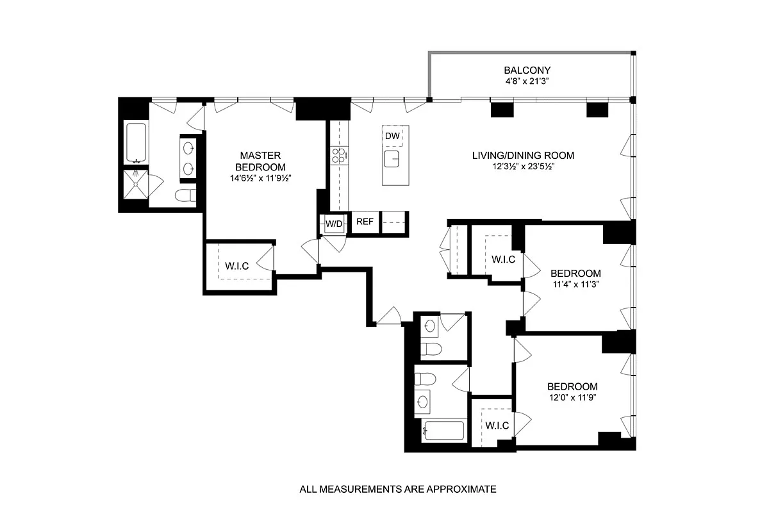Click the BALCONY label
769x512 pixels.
tap(527, 70)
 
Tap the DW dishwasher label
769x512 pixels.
tap(392, 136)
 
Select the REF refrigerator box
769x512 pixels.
tap(365, 222)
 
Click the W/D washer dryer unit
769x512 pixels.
tap(334, 224)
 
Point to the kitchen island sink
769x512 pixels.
tap(392, 159)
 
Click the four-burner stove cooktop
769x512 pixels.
tap(339, 156)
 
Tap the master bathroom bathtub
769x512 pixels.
tap(136, 142)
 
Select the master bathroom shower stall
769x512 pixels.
tap(136, 185)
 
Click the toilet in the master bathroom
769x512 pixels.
tap(186, 195)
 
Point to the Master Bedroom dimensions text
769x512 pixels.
tap(261, 179)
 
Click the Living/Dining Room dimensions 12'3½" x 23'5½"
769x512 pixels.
tap(524, 167)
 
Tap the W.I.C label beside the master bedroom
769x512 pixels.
tap(237, 266)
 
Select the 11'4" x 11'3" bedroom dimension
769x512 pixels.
tap(576, 285)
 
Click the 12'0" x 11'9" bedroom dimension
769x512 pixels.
tap(573, 398)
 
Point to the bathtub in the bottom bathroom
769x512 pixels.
tap(444, 431)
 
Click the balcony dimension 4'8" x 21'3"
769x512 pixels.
tap(527, 81)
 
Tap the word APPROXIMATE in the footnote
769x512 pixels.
tap(461, 489)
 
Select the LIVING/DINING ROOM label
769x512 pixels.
tap(523, 156)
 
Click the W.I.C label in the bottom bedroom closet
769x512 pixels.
tap(497, 425)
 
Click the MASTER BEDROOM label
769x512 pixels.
tap(261, 161)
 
